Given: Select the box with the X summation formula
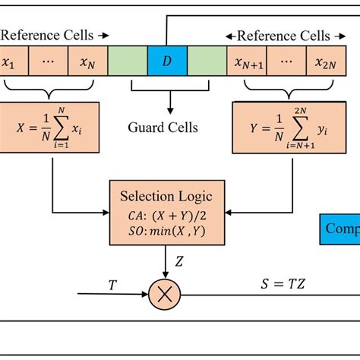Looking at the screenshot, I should click(x=52, y=130).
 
